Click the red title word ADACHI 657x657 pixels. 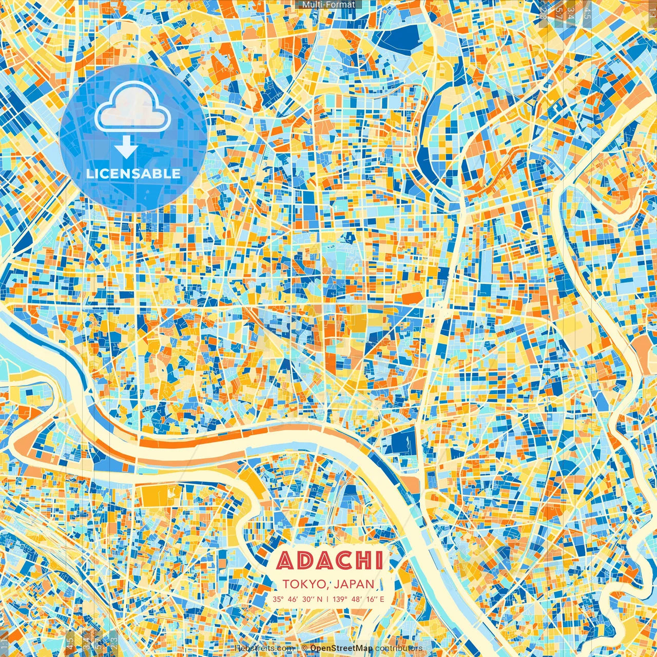[x=330, y=561]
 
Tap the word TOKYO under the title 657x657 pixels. [x=302, y=584]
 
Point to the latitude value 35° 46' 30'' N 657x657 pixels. [x=298, y=599]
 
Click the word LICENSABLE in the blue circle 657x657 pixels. [x=133, y=173]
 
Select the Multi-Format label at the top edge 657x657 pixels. [x=328, y=5]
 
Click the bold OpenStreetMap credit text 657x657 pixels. [x=341, y=648]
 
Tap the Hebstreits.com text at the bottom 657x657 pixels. [x=263, y=648]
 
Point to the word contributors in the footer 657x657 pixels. [x=399, y=648]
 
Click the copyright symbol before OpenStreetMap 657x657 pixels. [x=304, y=648]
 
